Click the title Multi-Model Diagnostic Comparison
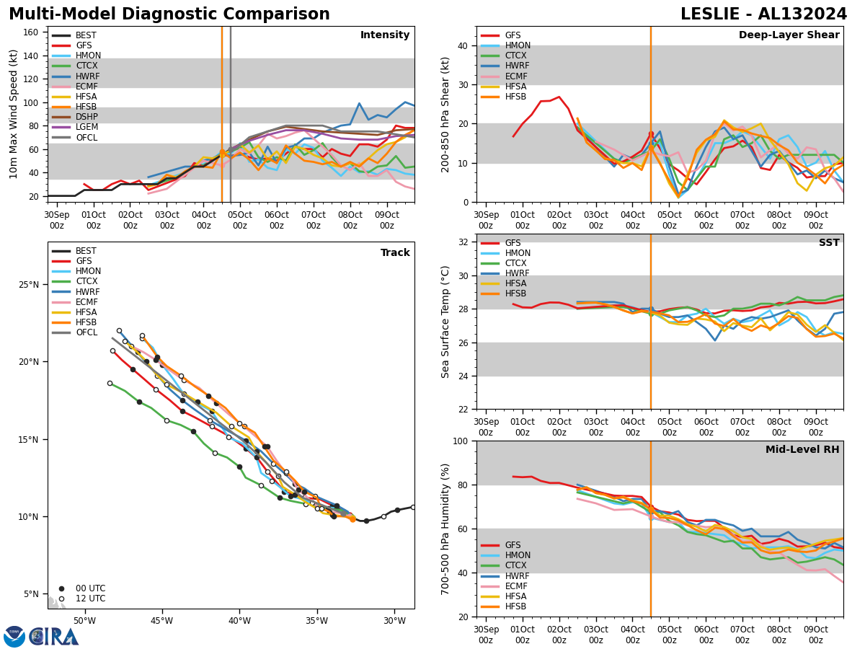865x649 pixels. [x=169, y=14]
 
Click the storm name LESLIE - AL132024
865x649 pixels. [x=763, y=14]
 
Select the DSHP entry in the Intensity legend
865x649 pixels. [x=86, y=117]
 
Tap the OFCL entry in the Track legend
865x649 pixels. [x=86, y=332]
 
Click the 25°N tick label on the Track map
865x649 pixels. [x=30, y=285]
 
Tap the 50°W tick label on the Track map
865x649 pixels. [x=84, y=621]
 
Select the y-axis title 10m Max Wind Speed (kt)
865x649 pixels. [x=13, y=115]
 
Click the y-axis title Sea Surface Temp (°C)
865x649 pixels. [x=445, y=322]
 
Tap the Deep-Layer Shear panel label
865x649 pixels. [x=789, y=35]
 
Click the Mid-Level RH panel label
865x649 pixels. [x=802, y=450]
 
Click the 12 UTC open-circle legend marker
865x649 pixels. [x=61, y=599]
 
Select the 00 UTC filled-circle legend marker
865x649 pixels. [x=61, y=588]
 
